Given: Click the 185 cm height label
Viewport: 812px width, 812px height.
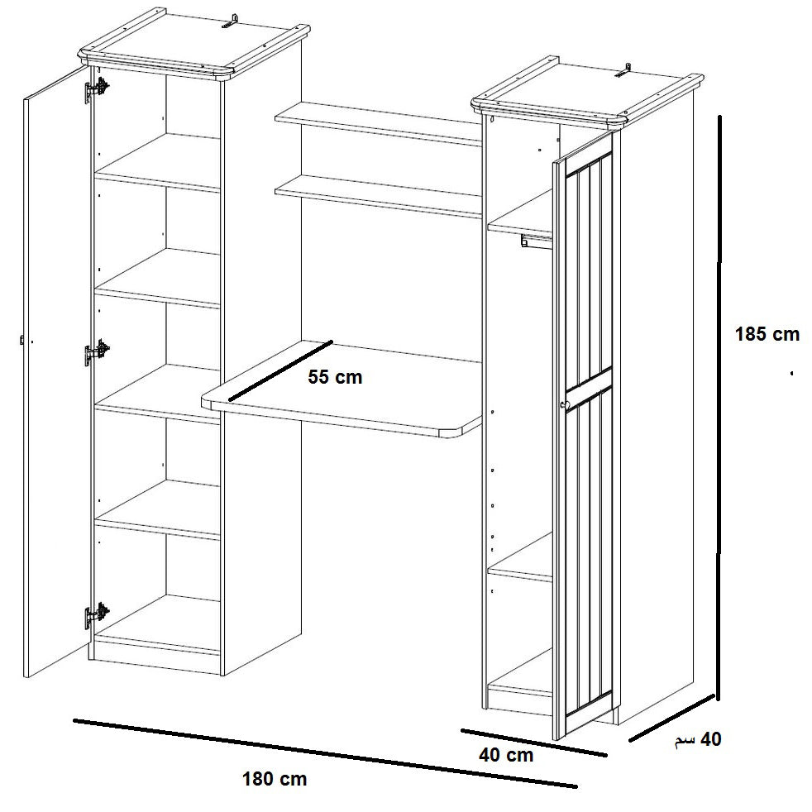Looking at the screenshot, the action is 767,334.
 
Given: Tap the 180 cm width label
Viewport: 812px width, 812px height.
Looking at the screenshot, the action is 275,779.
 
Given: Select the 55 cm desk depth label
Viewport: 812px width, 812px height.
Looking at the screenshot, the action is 335,377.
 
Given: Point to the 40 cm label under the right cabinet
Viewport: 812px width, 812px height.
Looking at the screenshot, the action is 506,755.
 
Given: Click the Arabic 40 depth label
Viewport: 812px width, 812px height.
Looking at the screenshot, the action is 698,739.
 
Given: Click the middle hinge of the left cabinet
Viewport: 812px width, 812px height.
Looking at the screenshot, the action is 98,352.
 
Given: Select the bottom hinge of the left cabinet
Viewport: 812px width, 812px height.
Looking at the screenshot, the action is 98,615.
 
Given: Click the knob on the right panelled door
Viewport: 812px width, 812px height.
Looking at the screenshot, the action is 564,404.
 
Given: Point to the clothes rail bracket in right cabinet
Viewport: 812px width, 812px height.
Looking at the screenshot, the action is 524,241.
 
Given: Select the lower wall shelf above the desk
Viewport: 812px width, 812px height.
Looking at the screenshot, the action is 379,196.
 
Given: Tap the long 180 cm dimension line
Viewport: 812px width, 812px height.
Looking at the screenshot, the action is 325,753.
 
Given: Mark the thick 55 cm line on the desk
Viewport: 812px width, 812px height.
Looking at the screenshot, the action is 280,370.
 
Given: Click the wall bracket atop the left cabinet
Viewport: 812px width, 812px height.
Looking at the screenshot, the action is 232,21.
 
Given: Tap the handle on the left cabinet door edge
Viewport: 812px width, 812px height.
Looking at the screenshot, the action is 21,340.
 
